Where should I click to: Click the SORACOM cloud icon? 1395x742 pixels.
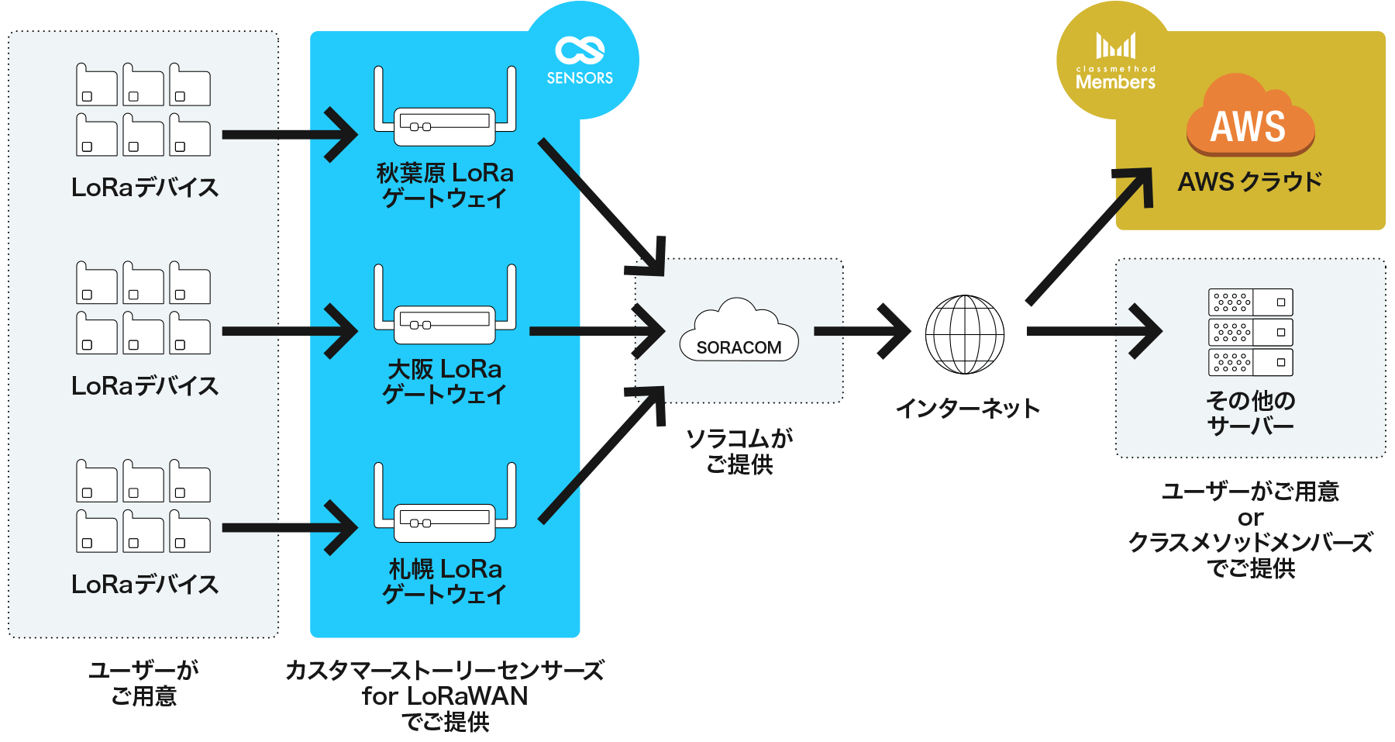[739, 331]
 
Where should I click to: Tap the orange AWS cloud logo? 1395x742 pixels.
[1249, 116]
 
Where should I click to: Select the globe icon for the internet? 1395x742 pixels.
[965, 333]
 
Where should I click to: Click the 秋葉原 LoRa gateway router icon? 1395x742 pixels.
[445, 109]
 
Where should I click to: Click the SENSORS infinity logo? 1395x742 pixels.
[580, 51]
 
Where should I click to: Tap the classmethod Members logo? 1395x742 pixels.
[1115, 62]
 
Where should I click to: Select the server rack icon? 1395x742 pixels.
[1250, 332]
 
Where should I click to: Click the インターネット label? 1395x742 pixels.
[967, 409]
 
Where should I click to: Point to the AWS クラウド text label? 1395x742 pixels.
[1249, 182]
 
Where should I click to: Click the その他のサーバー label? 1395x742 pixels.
[1250, 413]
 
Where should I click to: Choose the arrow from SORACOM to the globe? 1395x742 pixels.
[862, 331]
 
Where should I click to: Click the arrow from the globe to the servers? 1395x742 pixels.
[1093, 331]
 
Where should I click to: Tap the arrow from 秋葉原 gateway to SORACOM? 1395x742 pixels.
[601, 205]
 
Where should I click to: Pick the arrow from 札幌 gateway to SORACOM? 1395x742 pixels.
[601, 456]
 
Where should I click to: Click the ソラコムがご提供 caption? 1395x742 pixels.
[739, 451]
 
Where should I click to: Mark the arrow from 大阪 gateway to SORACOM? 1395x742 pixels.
[595, 331]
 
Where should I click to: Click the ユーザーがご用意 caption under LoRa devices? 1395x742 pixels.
[143, 683]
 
